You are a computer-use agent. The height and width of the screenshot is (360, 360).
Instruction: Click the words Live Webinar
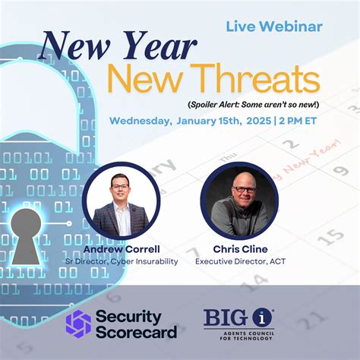click(274, 27)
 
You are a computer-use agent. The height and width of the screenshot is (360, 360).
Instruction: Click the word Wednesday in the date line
click(141, 120)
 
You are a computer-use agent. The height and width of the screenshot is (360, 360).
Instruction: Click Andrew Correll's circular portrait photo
click(121, 201)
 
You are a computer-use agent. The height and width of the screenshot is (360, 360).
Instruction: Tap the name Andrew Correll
click(121, 248)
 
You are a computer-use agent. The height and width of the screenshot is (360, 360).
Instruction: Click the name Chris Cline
click(240, 248)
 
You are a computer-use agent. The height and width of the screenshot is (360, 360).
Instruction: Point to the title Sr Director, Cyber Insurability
click(121, 261)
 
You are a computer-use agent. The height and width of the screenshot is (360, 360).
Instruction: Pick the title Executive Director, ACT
click(240, 261)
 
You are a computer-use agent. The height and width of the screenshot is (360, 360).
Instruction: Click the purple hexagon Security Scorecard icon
click(78, 323)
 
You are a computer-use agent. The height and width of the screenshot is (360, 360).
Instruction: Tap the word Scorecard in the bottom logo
click(144, 332)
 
